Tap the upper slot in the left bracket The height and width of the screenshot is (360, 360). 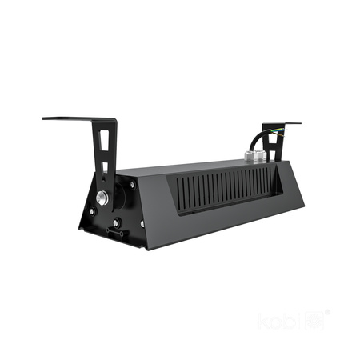click(x=102, y=139)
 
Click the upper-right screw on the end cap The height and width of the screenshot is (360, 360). click(x=132, y=185)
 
